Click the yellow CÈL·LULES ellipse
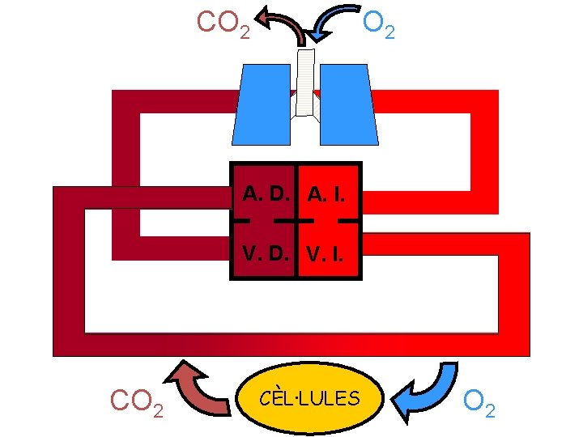pyautogui.click(x=312, y=397)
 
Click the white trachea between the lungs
pyautogui.click(x=304, y=81)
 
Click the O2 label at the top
pyautogui.click(x=379, y=24)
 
